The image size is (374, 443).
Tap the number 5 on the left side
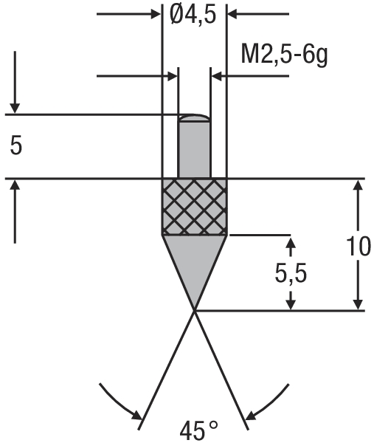[x=16, y=145]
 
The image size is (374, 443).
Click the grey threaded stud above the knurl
[x=194, y=148]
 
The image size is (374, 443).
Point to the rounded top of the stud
[x=194, y=117]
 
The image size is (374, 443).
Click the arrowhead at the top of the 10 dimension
[x=358, y=185]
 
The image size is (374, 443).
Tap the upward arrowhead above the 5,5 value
[x=291, y=243]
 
